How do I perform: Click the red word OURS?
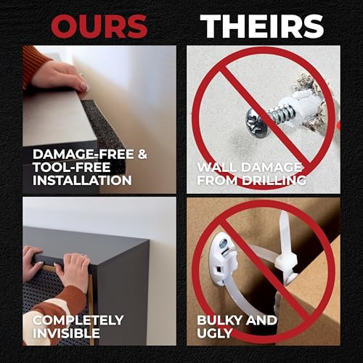99,27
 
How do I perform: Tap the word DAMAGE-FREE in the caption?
83,154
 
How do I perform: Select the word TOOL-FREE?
71,167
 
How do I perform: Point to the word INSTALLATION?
82,180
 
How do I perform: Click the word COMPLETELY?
78,320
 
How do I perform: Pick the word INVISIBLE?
66,333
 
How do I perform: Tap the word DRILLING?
274,180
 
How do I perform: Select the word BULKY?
219,320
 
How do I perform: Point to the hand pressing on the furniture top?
61,76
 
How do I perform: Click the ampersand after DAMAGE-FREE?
142,154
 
